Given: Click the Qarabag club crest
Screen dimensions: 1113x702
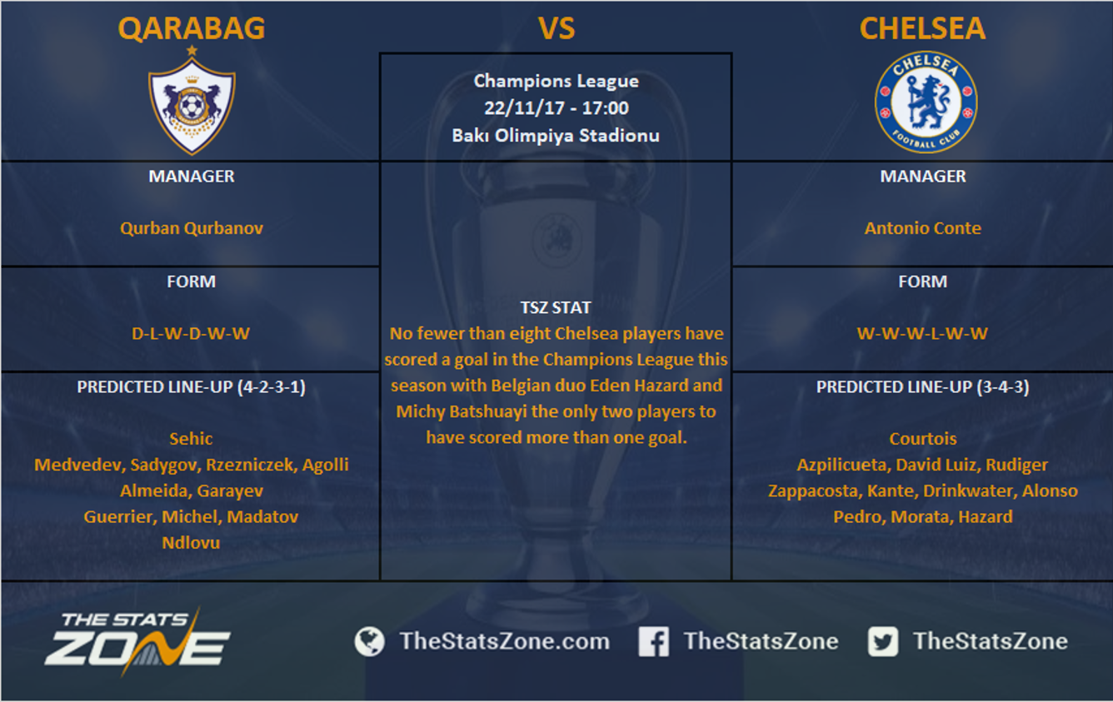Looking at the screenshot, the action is pos(192,101).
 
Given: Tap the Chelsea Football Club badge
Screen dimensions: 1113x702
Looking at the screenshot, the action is pos(926,102).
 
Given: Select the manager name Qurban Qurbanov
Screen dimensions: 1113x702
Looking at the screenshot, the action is pos(192,228).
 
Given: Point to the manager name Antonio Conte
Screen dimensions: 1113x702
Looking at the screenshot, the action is pos(923,228).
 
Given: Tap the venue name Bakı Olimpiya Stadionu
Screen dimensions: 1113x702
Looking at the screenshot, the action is pos(556,135).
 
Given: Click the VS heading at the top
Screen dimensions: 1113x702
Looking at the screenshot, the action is pos(556,28).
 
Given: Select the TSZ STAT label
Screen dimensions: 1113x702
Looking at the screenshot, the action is pos(556,307).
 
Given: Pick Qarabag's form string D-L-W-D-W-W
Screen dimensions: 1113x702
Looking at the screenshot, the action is pos(191,333).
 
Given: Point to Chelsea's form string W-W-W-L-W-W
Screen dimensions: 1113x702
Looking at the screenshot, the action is pos(922,333).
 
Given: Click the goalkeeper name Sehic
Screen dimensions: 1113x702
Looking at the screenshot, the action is pos(191,439).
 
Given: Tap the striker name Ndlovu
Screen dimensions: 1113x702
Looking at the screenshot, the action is pos(191,542).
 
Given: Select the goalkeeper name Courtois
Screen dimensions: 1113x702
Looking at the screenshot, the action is pos(923,439).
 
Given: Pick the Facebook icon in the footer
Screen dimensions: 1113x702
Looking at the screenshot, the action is pos(654,641).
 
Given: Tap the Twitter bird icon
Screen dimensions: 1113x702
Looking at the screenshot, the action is pos(883,641).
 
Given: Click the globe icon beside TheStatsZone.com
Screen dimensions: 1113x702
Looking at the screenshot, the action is pos(369,641).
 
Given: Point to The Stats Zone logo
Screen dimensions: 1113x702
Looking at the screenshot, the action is pos(137,641).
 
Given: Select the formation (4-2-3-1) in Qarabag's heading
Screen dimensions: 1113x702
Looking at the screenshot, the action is pos(272,386).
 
